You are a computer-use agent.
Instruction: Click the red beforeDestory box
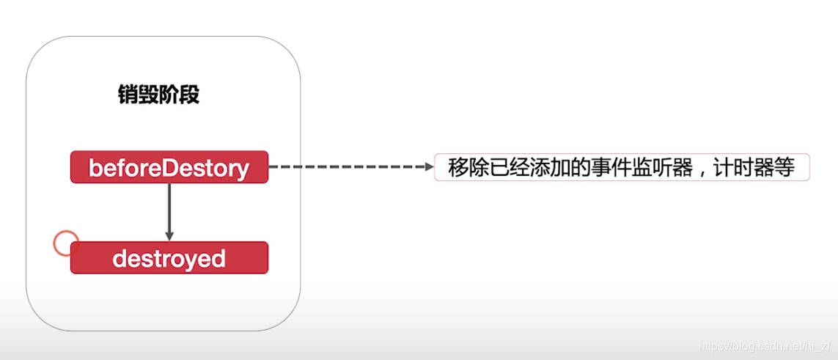169,167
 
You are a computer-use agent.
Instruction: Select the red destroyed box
169,258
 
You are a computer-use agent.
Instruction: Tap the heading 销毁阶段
158,95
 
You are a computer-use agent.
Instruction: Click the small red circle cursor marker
66,243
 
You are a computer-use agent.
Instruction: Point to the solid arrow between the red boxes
169,209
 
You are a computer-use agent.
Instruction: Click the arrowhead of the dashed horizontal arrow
430,167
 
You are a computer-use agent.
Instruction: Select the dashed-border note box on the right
622,167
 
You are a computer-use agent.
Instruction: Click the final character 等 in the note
786,168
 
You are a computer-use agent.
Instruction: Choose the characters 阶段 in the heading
179,95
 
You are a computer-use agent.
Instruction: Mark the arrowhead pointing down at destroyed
169,236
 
